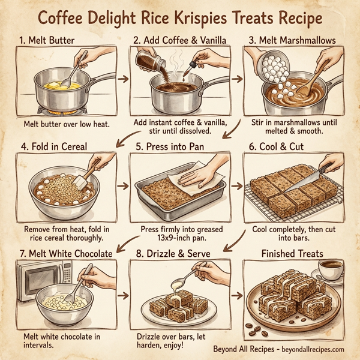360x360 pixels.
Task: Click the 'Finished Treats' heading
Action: pos(293,254)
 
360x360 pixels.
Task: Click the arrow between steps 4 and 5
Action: pos(122,186)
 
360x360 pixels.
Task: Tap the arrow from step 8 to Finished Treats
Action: pos(236,296)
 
